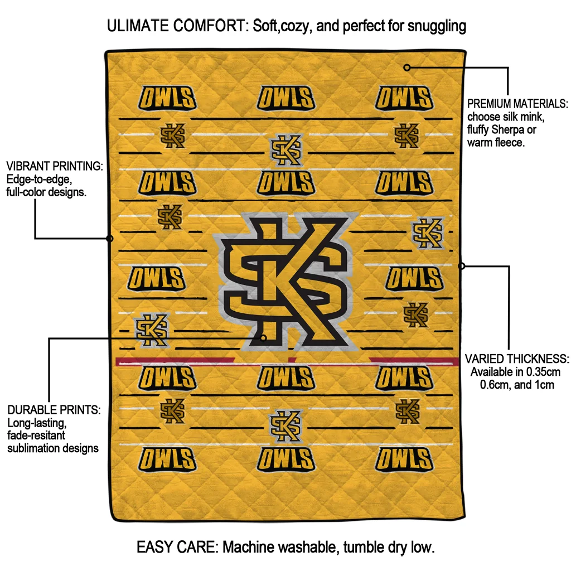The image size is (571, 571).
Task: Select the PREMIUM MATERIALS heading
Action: (517, 104)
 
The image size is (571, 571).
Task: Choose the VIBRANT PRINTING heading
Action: (54, 167)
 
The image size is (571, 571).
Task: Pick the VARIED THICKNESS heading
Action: (517, 359)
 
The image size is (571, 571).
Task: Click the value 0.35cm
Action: (544, 372)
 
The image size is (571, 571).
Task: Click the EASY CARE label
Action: (177, 547)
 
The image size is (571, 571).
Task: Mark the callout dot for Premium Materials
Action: (407, 67)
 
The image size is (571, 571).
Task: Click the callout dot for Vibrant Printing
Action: (110, 239)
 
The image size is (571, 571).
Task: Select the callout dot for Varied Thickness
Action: (461, 266)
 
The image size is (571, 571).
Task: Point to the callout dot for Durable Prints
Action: (263, 337)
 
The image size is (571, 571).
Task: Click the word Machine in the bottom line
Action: (249, 547)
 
